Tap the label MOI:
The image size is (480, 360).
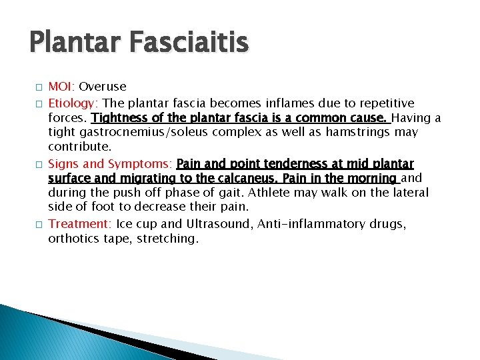(x=62, y=87)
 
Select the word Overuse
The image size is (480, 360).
(x=103, y=87)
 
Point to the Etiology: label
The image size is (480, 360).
(x=73, y=103)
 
